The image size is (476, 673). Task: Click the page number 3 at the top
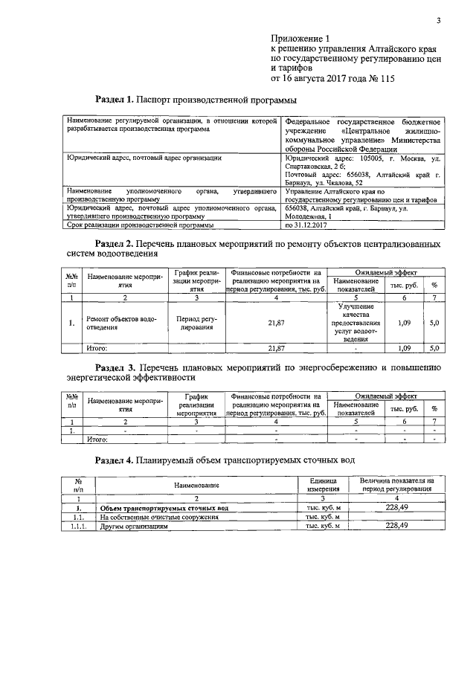439,20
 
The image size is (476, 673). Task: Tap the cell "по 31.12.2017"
307,224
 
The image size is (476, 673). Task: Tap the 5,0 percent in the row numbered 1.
435,323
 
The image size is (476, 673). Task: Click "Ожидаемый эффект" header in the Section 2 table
386,273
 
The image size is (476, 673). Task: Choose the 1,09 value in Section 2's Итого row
404,347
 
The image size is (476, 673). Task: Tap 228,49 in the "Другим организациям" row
399,525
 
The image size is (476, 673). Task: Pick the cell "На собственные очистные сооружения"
159,516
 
